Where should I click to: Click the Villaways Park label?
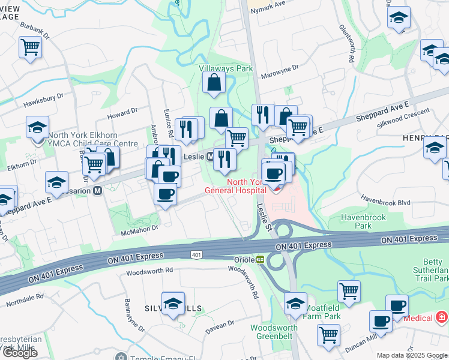pyautogui.click(x=226, y=69)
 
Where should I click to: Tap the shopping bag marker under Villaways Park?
pyautogui.click(x=214, y=83)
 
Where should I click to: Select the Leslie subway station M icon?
pyautogui.click(x=211, y=157)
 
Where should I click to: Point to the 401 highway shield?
pyautogui.click(x=196, y=255)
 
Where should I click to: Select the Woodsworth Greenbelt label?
pyautogui.click(x=274, y=332)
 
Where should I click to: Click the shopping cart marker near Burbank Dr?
pyautogui.click(x=30, y=47)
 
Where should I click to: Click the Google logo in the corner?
pyautogui.click(x=20, y=353)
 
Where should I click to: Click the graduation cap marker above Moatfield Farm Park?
pyautogui.click(x=295, y=304)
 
